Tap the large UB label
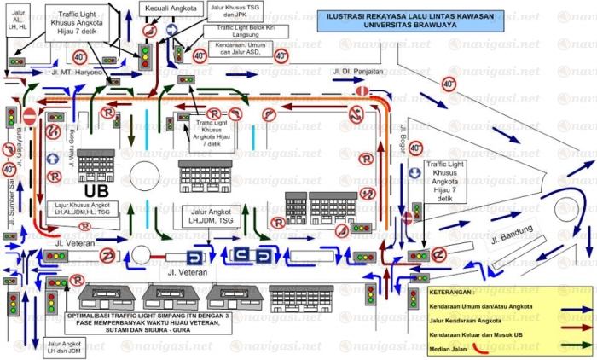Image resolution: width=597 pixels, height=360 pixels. (97, 190)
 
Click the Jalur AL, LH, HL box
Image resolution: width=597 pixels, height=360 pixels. (18, 18)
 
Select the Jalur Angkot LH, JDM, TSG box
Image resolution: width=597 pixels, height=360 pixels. (212, 216)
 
